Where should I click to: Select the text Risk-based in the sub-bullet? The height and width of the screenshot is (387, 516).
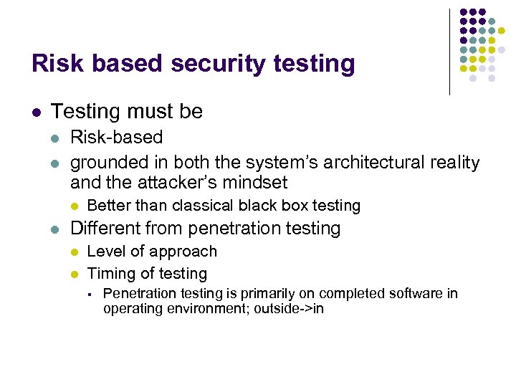pos(116,137)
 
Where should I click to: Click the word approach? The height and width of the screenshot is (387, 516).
pos(185,252)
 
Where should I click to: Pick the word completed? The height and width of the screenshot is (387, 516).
pos(357,294)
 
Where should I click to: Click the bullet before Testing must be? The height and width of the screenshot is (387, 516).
pos(37,113)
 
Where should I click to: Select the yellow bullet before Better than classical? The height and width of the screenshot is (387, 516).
pos(75,206)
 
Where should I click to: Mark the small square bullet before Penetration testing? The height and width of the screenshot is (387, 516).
pos(90,294)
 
